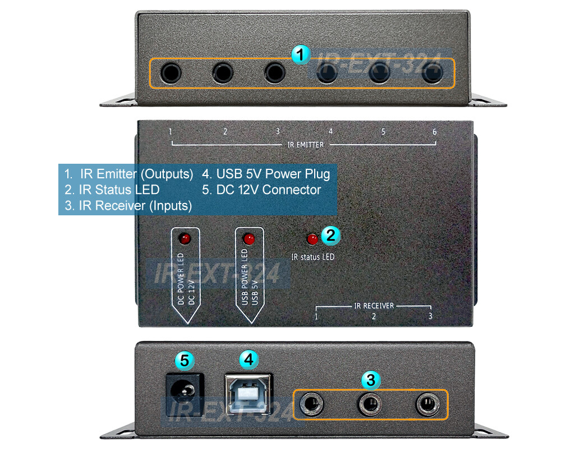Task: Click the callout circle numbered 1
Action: pyautogui.click(x=301, y=54)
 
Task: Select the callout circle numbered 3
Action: pyautogui.click(x=369, y=380)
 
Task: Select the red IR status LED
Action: pyautogui.click(x=312, y=239)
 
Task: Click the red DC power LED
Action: pyautogui.click(x=184, y=239)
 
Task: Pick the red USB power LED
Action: pyautogui.click(x=249, y=239)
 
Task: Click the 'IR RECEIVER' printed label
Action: pyautogui.click(x=374, y=306)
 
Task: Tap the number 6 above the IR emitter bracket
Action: pyautogui.click(x=434, y=132)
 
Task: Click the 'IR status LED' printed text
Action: pyautogui.click(x=313, y=257)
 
